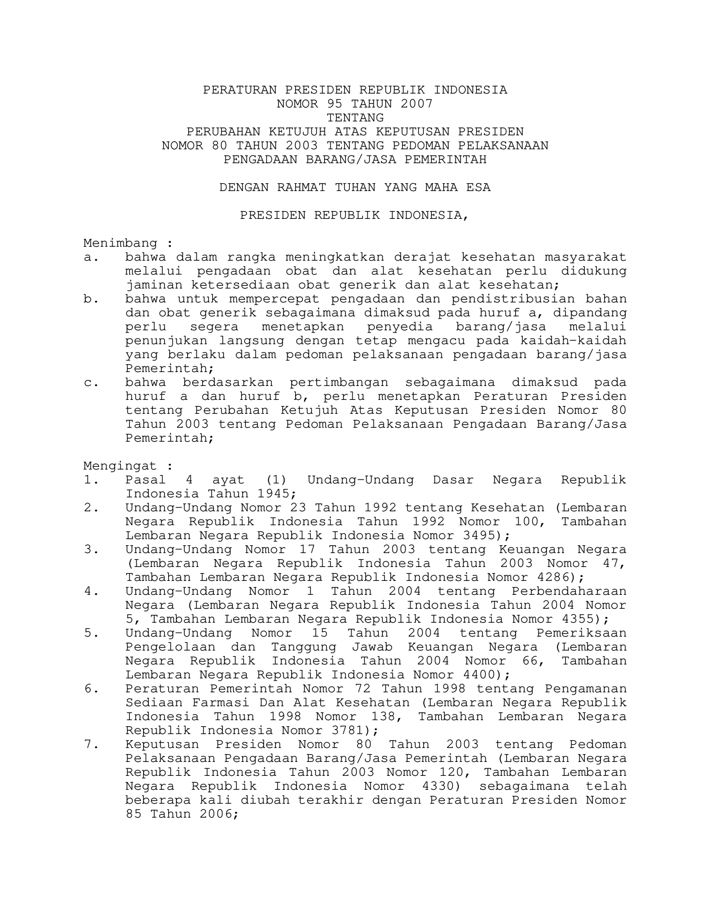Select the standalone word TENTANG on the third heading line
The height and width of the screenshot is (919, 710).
click(355, 118)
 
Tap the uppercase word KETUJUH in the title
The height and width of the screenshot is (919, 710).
click(298, 132)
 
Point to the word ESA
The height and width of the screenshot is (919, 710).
click(478, 188)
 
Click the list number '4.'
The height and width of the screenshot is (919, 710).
click(91, 592)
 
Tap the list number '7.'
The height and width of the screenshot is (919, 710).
click(91, 745)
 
